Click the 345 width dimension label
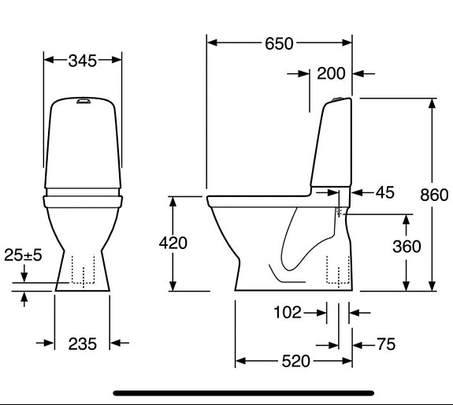coord(82,60)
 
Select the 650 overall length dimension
coord(279,43)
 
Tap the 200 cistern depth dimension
coord(331,74)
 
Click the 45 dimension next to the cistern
coord(384,192)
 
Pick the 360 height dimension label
coord(407,246)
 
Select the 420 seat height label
coord(173,243)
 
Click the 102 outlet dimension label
coord(288,314)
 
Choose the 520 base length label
coord(295,362)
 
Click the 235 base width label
coord(82,343)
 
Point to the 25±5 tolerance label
coord(24,255)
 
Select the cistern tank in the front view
coord(82,146)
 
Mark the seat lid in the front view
coord(83,191)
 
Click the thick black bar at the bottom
coord(243,392)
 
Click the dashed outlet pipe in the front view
coord(82,272)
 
